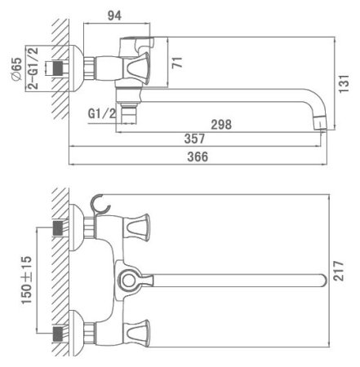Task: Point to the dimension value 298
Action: coord(220,125)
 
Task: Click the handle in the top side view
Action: coord(136,65)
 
